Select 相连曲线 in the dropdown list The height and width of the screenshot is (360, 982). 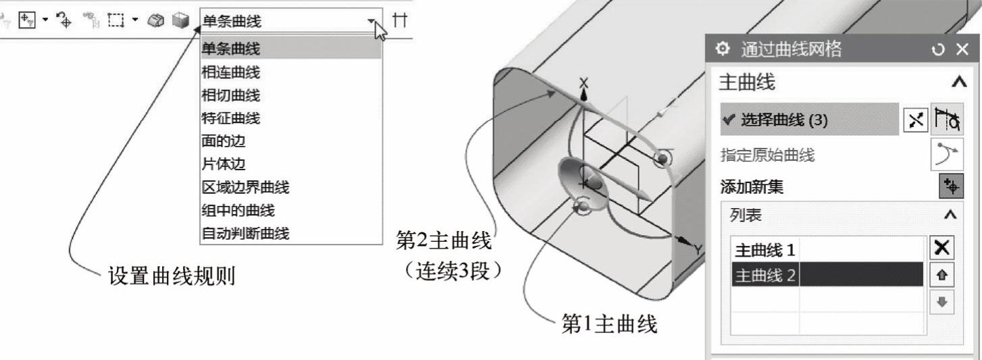coord(231,72)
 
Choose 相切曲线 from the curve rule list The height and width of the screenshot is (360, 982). coord(231,95)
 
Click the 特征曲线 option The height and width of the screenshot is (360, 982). coord(231,118)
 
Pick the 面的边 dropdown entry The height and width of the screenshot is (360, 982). coord(222,141)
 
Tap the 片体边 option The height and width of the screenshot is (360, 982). coord(222,164)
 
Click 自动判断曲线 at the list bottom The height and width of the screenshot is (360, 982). coord(246,234)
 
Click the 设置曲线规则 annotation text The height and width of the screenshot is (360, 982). coord(172,276)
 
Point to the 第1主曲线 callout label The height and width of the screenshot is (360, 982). coord(609,325)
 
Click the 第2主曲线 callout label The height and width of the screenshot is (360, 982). coord(444,240)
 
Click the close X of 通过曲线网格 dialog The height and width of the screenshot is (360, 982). coord(963,49)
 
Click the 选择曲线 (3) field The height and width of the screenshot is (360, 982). coord(809,120)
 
